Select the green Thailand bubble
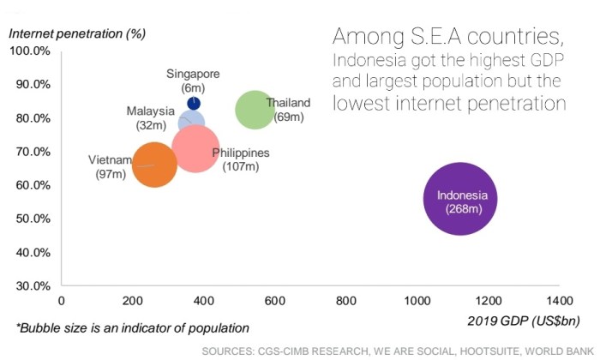tap(254, 110)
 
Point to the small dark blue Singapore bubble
tap(194, 103)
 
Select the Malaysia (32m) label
tap(151, 117)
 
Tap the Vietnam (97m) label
tap(111, 166)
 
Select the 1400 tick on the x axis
tap(558, 301)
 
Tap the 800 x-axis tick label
tap(345, 301)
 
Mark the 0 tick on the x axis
tap(60, 301)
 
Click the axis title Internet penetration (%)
tap(76, 33)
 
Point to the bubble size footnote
tap(132, 327)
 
